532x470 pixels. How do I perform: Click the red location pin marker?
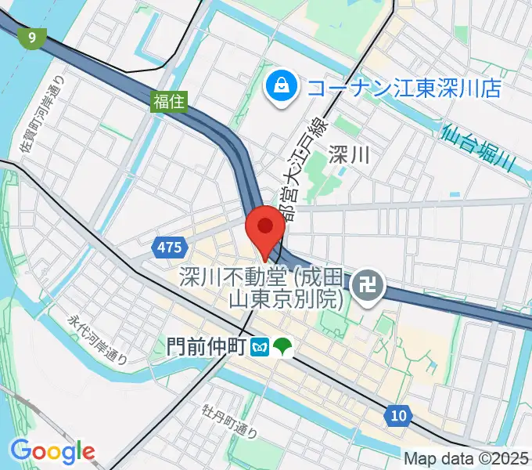(x=265, y=229)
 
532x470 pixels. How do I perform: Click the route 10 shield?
(x=398, y=415)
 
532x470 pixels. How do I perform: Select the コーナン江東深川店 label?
(x=403, y=88)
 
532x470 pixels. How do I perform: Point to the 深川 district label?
(x=348, y=154)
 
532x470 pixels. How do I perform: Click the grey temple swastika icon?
(x=365, y=287)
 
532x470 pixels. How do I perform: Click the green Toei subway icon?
(x=282, y=346)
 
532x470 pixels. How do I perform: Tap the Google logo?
(x=52, y=451)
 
